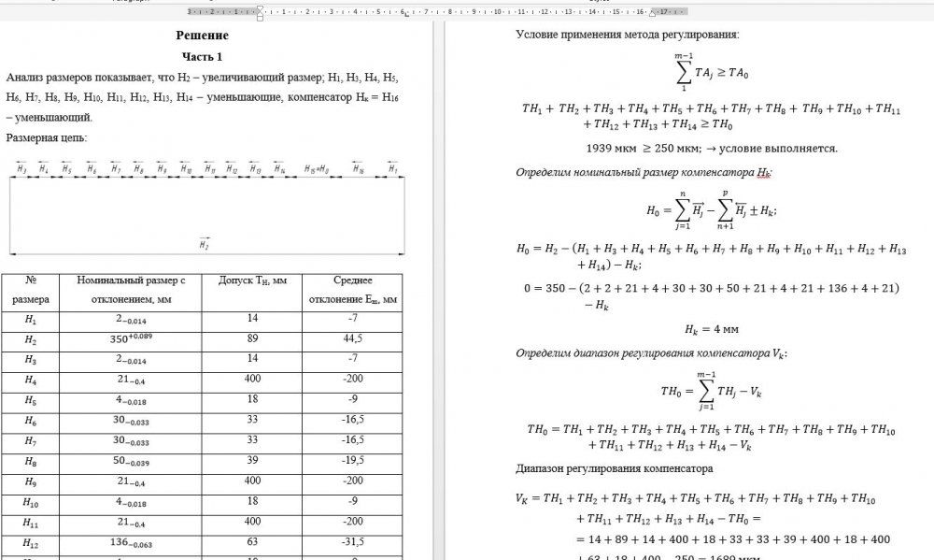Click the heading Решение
click(202, 36)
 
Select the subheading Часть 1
click(202, 57)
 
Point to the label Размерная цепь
click(46, 137)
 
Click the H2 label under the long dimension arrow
click(204, 243)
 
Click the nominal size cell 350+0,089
click(132, 339)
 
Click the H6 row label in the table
click(31, 422)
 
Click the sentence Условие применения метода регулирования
click(627, 35)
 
